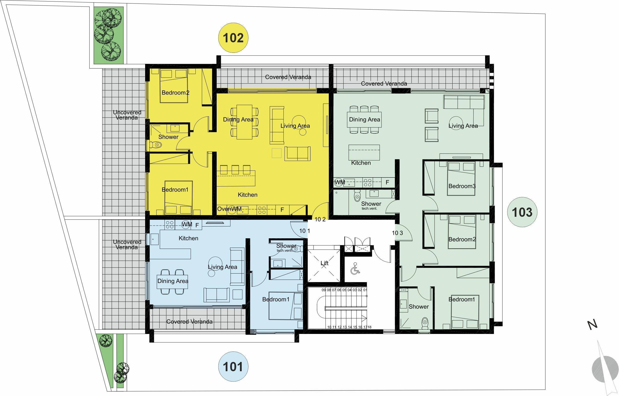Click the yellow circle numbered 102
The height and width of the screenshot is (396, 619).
point(233,38)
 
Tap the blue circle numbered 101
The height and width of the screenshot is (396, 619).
point(233,367)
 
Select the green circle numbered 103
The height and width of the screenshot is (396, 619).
point(522,212)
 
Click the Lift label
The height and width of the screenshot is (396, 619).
point(325,263)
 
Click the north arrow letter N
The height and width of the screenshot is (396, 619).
point(592,325)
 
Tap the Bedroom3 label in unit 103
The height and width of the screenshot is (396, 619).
point(462,186)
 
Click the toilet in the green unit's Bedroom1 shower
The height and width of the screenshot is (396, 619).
point(425,323)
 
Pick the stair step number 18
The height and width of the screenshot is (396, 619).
point(369,327)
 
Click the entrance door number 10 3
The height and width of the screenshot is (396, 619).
point(397,233)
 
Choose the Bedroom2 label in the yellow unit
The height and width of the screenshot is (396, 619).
point(176,93)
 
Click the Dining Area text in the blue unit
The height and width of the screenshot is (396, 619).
point(173,281)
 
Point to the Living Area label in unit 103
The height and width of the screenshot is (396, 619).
point(463,126)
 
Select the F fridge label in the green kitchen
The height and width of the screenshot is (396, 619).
point(387,182)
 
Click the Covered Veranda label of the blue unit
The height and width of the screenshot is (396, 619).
point(189,321)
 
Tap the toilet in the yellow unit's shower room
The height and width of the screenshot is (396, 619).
point(156,145)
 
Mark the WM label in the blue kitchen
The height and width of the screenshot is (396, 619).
point(187,224)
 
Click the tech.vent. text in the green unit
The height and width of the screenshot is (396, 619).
point(369,209)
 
